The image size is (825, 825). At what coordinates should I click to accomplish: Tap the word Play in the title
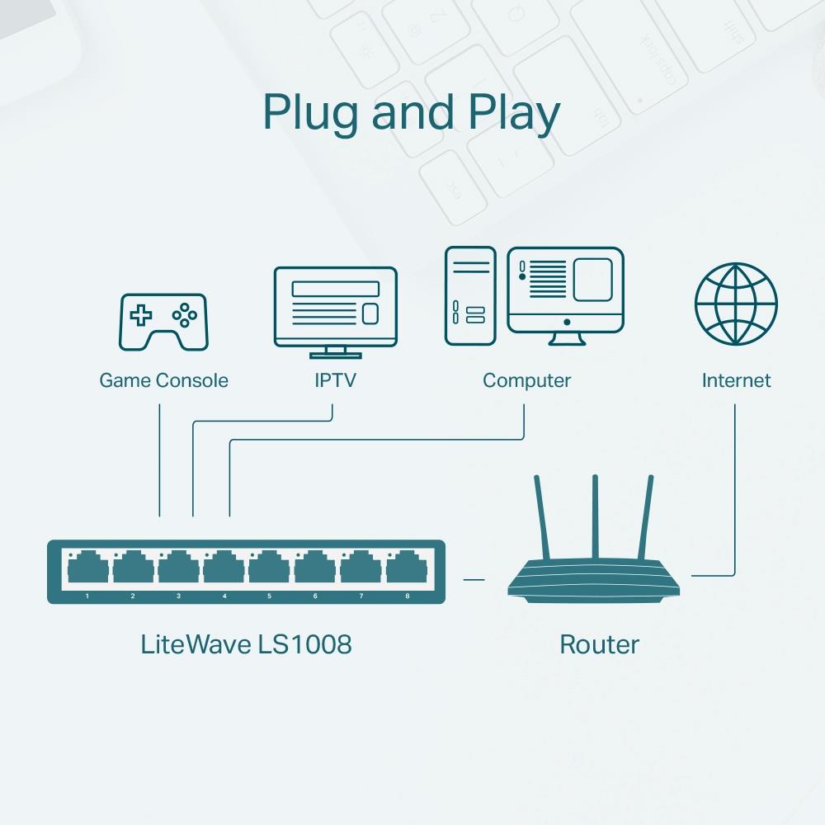coord(514,114)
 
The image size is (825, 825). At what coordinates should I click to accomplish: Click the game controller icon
coord(164,321)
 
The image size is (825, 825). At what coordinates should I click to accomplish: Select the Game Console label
coord(163,380)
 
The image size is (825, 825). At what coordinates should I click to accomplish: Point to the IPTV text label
coord(335,380)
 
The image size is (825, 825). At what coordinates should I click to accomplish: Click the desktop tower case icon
coord(470,295)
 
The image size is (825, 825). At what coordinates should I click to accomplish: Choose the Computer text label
coord(526,380)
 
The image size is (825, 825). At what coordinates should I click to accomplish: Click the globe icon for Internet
coord(736,304)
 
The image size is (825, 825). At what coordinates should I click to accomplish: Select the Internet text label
coord(736,380)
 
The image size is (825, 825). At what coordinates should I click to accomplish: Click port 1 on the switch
coord(87,569)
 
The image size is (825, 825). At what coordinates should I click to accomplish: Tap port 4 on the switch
coord(224,569)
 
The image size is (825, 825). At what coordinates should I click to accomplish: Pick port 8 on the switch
coord(406,569)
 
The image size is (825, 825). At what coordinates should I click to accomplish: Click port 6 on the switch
coord(315,569)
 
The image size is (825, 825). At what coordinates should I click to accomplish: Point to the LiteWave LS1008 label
coord(246,644)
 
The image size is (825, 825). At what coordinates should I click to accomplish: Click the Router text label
coord(599,644)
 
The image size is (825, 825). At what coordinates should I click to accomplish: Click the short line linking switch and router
coord(474,579)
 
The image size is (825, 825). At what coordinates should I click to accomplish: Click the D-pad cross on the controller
coord(143,314)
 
